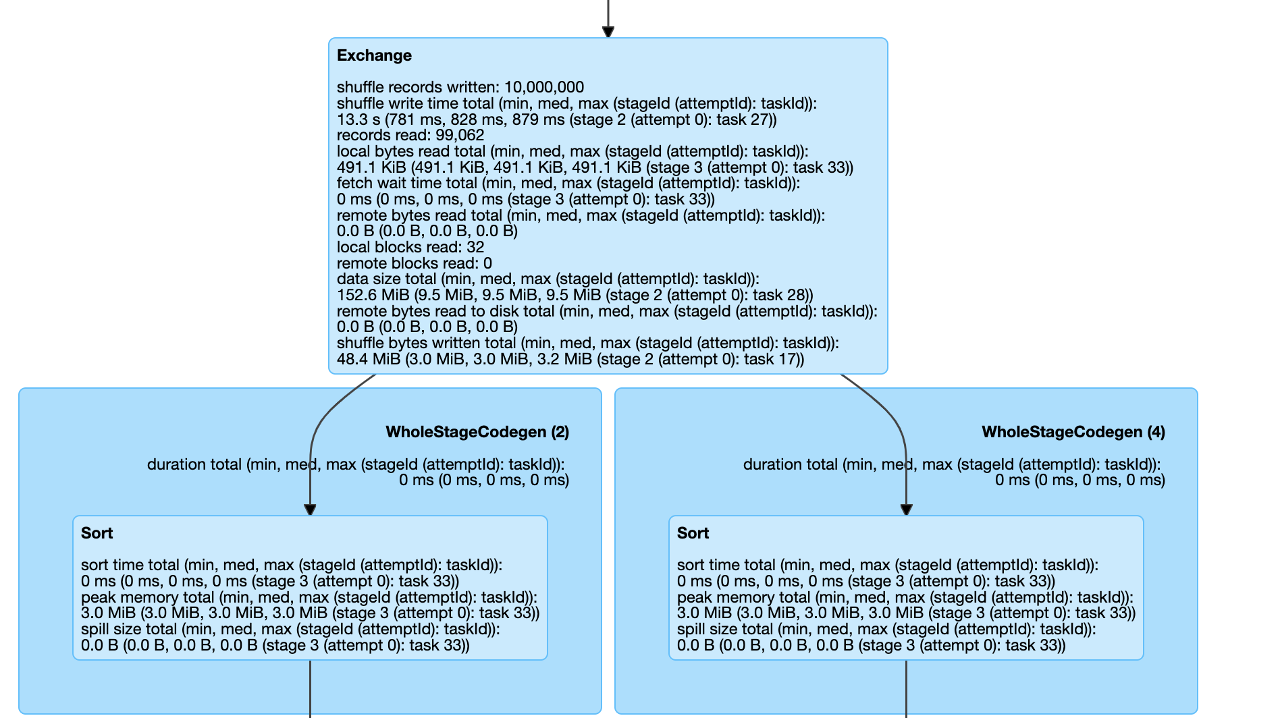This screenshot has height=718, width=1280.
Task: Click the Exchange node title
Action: click(x=374, y=55)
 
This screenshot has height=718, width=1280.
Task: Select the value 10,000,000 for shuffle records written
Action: click(x=543, y=87)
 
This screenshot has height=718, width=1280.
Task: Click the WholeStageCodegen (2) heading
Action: click(x=477, y=432)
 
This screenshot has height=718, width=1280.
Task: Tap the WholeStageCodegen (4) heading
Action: click(x=1073, y=432)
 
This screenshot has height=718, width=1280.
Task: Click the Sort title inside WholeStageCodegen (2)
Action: click(x=97, y=533)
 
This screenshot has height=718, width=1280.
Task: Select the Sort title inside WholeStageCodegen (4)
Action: click(x=693, y=533)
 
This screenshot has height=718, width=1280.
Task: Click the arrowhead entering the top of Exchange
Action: click(x=608, y=31)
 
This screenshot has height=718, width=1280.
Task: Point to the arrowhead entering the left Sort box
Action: click(x=310, y=509)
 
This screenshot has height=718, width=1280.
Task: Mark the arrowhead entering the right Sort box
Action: click(x=906, y=509)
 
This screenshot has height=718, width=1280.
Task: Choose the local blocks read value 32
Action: click(x=475, y=247)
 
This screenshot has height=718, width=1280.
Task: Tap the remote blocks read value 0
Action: click(x=487, y=263)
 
